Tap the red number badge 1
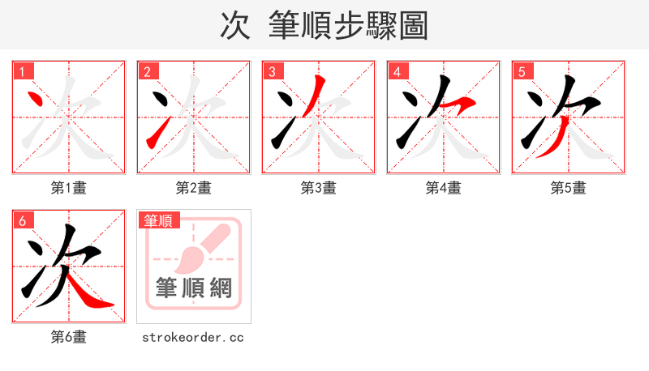coord(24,71)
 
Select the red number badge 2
coord(148,71)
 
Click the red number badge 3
coord(273,71)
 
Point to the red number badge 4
coord(398,71)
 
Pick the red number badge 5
coord(522,71)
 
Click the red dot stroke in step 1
coord(35,100)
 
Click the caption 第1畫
coord(69,188)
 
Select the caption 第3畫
coord(319,188)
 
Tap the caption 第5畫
coord(568,188)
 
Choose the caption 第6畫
coord(69,337)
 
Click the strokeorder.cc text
coord(193,337)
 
